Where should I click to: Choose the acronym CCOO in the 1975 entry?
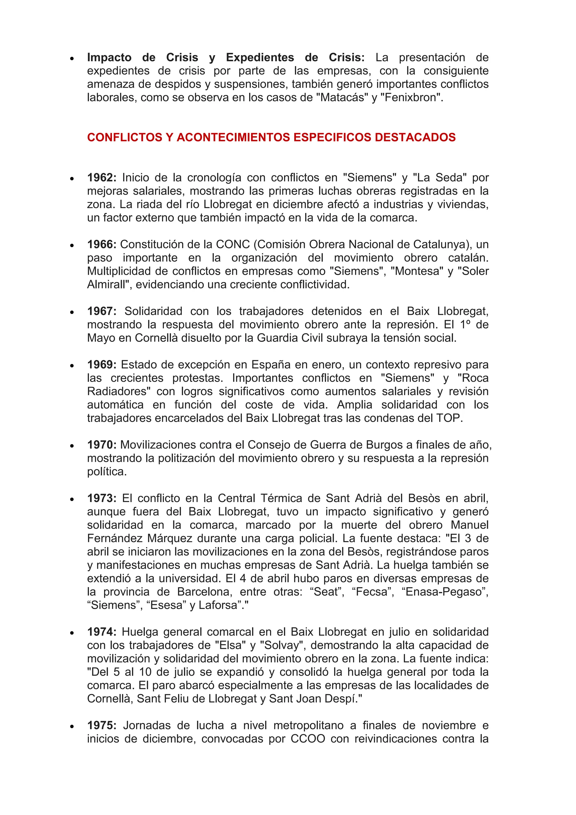(307, 739)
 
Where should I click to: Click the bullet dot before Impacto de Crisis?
(72, 58)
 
